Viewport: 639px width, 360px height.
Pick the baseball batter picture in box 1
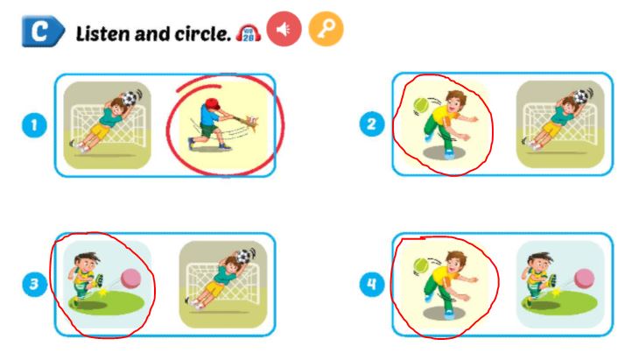[x=222, y=124]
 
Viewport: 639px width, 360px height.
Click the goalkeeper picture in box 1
[x=107, y=124]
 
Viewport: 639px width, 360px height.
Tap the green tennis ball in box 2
[x=422, y=106]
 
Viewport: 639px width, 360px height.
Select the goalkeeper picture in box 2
[x=559, y=124]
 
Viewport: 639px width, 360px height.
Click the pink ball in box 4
[x=584, y=279]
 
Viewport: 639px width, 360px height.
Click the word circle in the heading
[x=201, y=33]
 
